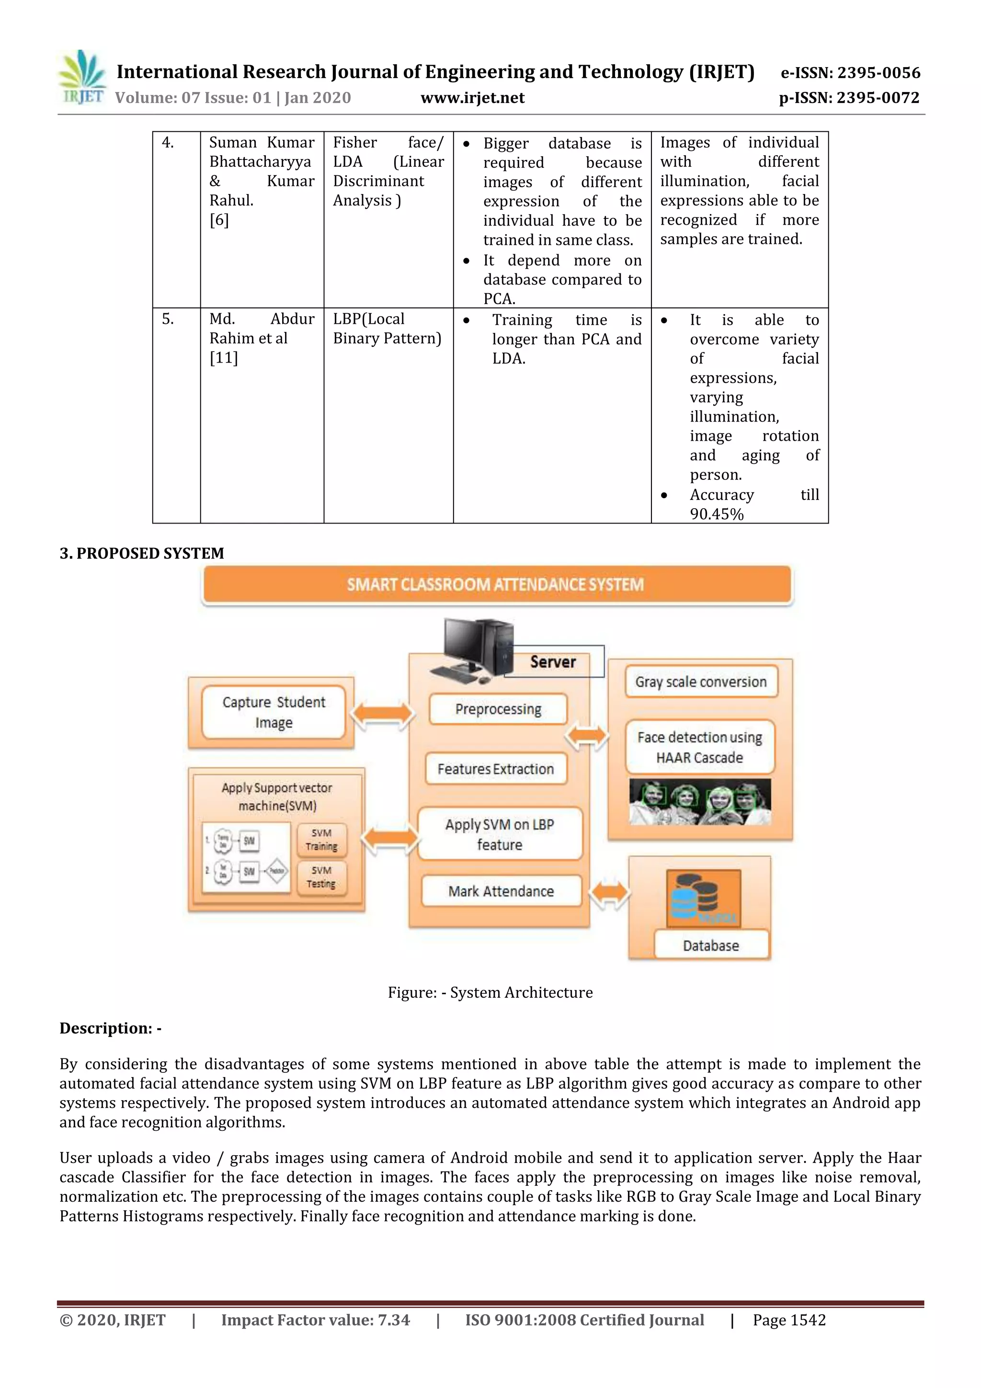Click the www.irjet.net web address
472,98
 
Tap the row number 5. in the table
168,319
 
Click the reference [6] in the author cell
219,220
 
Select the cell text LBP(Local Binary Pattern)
387,328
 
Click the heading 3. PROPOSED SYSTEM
141,553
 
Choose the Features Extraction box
496,769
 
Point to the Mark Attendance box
501,891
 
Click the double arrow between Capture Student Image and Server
382,714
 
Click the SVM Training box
321,840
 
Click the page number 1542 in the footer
807,1320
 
